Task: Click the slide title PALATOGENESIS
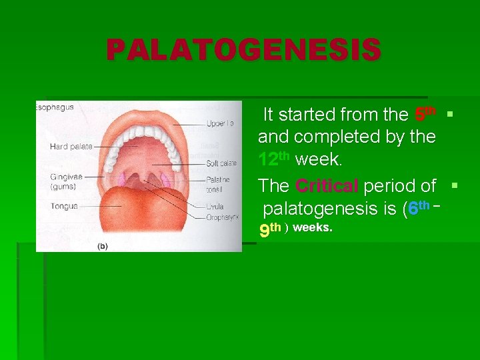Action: (243, 50)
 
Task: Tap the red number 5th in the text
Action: (425, 114)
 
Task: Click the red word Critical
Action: (327, 185)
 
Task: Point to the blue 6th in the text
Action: (418, 208)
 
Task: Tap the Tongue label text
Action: (63, 207)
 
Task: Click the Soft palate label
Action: (221, 163)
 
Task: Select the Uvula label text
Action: (215, 207)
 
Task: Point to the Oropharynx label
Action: (223, 216)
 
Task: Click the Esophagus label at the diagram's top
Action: (55, 107)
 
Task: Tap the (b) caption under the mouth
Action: (103, 246)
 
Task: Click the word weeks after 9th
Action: (312, 229)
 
